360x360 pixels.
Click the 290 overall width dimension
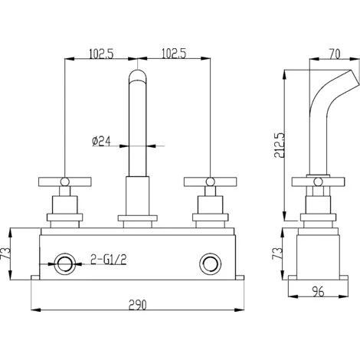138,305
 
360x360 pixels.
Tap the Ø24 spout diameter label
101,141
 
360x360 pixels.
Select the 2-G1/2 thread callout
109,260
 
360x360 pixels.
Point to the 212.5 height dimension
279,145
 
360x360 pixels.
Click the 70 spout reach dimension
335,54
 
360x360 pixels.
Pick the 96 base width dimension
318,291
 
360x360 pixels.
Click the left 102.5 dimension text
101,54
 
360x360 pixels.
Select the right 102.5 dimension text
174,54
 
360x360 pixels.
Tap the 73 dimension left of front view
6,254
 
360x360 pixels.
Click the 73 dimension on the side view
277,254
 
